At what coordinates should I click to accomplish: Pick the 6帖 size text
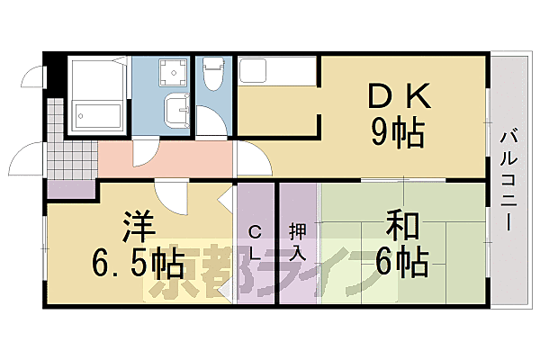click(402, 262)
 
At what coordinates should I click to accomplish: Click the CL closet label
click(255, 241)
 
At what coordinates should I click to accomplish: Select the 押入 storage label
click(296, 241)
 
